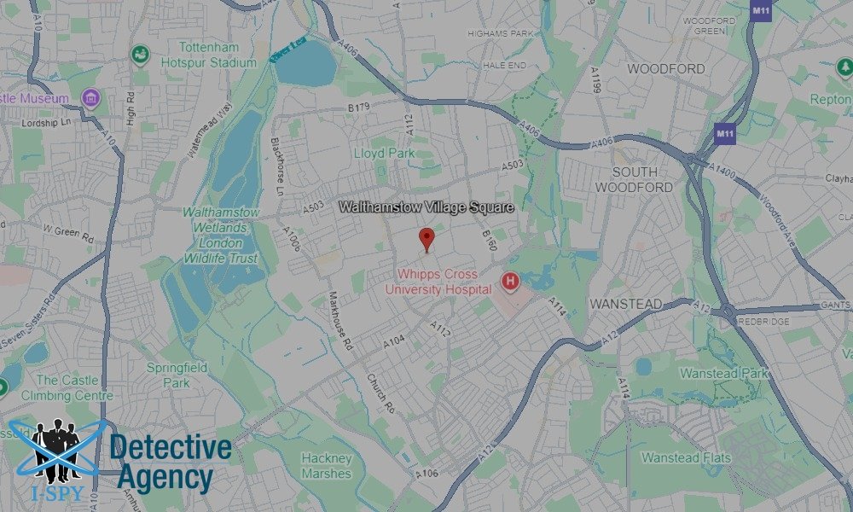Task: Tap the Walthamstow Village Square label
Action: [426, 207]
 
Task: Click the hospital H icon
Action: [510, 281]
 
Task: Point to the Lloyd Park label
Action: [384, 154]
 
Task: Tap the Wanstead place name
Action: [625, 304]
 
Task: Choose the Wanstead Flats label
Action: [687, 457]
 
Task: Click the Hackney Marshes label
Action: [327, 466]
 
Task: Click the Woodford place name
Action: [666, 68]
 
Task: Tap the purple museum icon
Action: [90, 99]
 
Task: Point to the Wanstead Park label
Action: [723, 374]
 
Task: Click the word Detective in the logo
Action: [171, 449]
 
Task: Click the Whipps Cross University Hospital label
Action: [438, 282]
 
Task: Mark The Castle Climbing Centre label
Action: [74, 387]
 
